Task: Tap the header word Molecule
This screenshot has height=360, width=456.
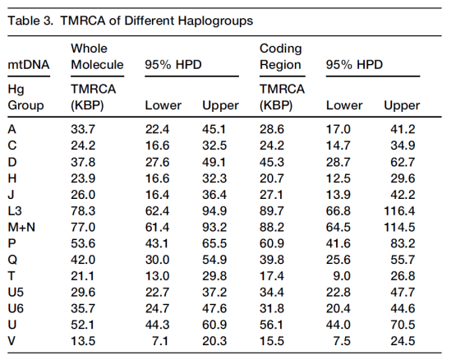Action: (x=97, y=64)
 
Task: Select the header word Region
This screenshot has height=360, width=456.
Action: (x=279, y=64)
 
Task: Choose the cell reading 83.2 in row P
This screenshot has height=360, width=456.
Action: (x=403, y=243)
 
